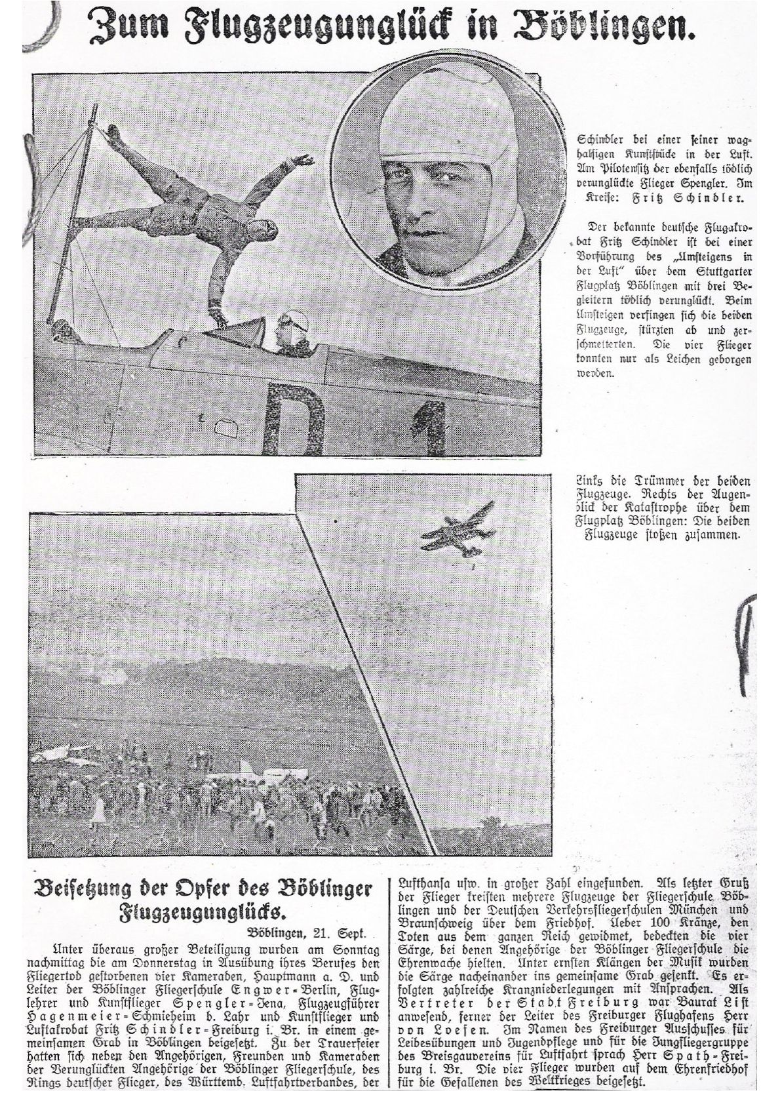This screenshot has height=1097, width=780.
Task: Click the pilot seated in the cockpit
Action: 286,334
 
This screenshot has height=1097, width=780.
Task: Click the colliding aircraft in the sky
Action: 456,527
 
